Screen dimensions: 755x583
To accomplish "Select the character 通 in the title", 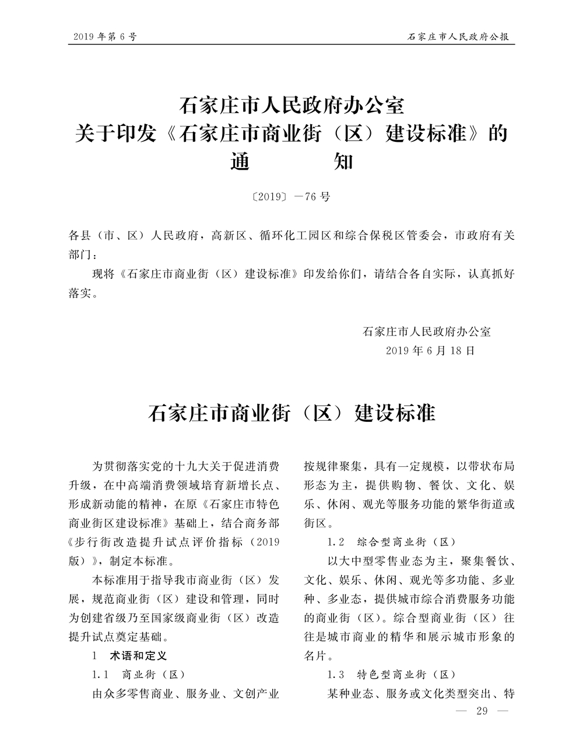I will point(240,161).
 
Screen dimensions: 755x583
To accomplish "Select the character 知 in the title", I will point(342,161).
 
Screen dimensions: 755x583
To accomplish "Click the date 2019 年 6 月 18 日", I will point(430,351).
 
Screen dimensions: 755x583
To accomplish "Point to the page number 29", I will point(482,711).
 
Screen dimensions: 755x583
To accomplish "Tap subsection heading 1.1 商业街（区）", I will point(138,674).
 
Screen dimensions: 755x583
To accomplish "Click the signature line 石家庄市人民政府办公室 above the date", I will point(426,332).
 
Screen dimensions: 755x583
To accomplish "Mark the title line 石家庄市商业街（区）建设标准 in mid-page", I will point(291,413).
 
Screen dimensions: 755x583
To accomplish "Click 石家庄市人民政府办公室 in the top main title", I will point(291,106).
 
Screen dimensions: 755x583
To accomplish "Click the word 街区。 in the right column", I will point(319,522).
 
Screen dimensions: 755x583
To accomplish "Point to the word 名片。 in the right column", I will point(319,656).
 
